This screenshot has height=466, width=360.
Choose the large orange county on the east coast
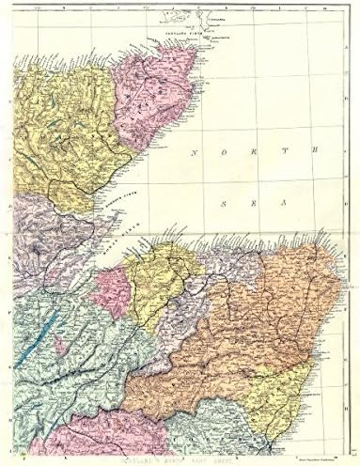click(x=273, y=319)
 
